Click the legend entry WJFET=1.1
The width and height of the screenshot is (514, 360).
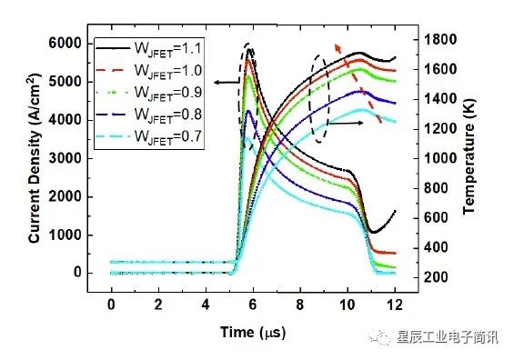pos(148,49)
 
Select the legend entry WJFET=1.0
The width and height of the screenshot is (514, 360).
pos(148,71)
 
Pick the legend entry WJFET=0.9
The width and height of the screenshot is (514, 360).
pos(148,93)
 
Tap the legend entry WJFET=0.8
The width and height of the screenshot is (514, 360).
pos(148,115)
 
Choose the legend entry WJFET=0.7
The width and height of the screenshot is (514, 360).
pos(148,136)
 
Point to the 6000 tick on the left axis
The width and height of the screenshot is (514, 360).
pos(65,44)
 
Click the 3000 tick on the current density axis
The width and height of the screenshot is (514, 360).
pos(65,158)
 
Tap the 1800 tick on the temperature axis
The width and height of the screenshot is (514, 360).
pos(440,40)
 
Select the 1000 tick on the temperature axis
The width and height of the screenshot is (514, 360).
pos(440,159)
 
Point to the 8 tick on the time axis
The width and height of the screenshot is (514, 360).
pos(300,305)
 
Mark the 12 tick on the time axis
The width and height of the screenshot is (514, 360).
pos(395,305)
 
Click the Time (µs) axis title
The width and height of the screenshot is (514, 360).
pos(253,332)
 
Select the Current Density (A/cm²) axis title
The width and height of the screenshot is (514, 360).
pos(35,158)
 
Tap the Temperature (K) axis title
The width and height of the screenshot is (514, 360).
pos(469,157)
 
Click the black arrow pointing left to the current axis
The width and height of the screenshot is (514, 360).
pos(227,82)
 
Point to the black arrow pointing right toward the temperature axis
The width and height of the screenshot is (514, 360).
pos(346,123)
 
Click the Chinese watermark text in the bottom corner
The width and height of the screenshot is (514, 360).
pos(448,337)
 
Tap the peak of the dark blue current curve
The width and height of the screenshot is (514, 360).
pos(248,111)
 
